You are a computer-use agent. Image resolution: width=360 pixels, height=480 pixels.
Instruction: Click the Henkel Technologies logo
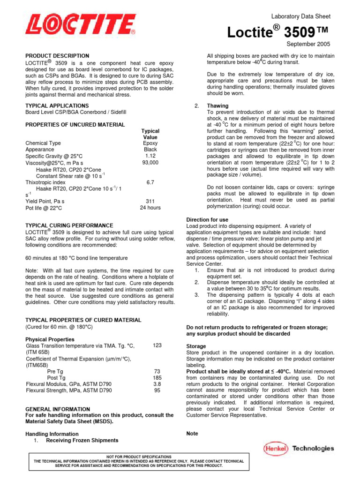coord(299,449)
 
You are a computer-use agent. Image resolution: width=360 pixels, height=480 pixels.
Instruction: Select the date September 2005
coord(308,44)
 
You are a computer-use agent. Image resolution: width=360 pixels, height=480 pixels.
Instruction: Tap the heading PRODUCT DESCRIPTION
coord(57,56)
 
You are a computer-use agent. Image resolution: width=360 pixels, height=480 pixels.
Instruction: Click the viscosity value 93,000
coord(150,163)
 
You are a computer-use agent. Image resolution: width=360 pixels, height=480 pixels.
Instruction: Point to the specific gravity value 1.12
coord(150,156)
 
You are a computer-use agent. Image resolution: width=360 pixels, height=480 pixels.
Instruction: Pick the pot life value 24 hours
coord(150,208)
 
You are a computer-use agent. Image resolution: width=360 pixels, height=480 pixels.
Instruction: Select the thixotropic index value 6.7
coord(150,182)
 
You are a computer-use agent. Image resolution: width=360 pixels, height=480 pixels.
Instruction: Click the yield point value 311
coord(150,201)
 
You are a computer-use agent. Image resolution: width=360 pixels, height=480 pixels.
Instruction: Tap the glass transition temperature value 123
coord(157,345)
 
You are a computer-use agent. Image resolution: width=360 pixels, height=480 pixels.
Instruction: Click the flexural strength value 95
coord(157,390)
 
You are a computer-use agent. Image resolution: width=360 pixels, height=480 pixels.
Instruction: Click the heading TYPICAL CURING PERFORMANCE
coord(69,225)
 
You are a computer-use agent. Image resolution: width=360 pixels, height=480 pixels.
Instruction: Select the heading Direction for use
coord(207,219)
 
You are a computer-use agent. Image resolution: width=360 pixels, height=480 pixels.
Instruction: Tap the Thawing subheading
coord(217,106)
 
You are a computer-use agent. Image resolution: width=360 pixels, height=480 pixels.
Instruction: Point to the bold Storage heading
coord(196,346)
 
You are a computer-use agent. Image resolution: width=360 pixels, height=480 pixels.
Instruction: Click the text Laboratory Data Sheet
coord(300,16)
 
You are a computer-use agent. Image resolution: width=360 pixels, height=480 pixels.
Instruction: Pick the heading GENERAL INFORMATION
coord(57,409)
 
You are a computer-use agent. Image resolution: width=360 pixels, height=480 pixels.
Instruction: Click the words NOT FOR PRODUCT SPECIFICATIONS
coord(139,457)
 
